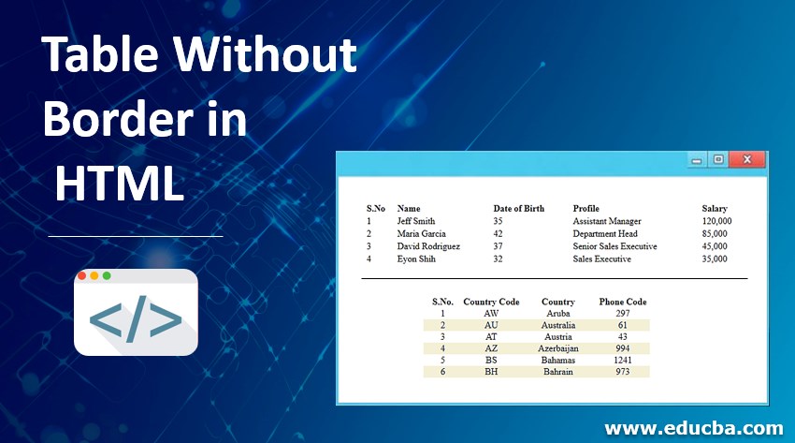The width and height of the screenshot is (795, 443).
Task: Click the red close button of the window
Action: [x=747, y=160]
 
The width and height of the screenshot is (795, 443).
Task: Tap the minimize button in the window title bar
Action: [x=697, y=161]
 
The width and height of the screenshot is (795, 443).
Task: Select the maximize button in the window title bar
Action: [x=718, y=160]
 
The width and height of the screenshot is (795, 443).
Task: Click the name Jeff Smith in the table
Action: [x=416, y=221]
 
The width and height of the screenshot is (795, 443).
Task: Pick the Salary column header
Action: [x=715, y=208]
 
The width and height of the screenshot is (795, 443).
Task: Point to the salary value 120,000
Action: [x=716, y=221]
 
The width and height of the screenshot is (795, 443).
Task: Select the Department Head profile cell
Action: [x=605, y=233]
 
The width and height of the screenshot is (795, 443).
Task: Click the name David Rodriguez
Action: [x=429, y=246]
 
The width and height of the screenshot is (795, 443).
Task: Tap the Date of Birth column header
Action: [x=519, y=208]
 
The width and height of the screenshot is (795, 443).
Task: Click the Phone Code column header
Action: [x=623, y=302]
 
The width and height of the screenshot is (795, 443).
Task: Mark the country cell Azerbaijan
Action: [x=558, y=347]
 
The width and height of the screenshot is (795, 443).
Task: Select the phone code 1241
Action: [x=623, y=360]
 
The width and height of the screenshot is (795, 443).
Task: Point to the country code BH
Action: [x=491, y=371]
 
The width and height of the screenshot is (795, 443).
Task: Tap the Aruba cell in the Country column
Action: [x=558, y=313]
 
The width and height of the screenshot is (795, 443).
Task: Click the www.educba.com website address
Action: [x=694, y=428]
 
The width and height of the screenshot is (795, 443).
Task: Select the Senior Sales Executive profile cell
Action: [x=614, y=246]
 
